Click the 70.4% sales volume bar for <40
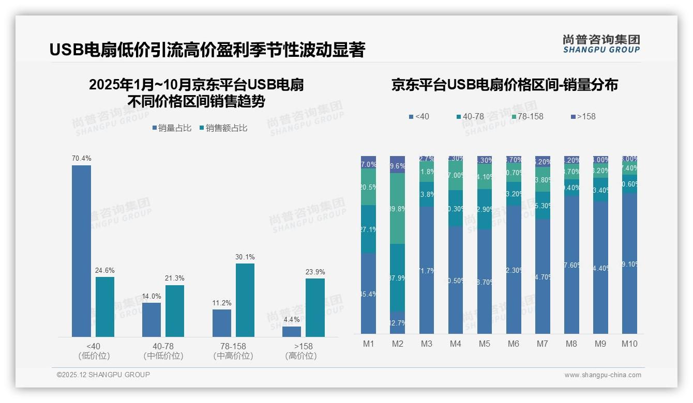coord(81,251)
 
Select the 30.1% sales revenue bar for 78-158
coord(245,300)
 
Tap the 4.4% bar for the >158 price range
coord(291,332)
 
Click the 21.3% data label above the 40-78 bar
coord(175,278)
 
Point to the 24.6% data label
coord(104,270)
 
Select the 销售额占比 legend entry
coord(223,128)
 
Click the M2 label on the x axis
coord(397,344)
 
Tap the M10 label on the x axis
coord(629,344)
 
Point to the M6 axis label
coord(513,344)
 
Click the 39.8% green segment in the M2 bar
coord(397,209)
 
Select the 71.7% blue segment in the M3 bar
coord(426,270)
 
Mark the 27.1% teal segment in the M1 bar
coord(368,229)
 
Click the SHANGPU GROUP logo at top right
coord(601,44)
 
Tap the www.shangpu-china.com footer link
coord(602,375)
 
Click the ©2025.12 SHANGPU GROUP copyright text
coord(103,375)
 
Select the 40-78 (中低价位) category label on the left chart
coord(163,351)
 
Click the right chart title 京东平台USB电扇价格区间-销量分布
coord(504,85)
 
